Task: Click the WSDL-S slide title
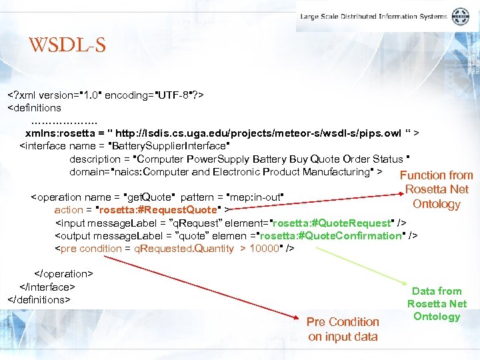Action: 67,45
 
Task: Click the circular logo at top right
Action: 461,17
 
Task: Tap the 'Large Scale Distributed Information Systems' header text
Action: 375,17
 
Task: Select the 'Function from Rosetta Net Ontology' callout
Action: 437,189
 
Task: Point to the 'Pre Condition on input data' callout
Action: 343,329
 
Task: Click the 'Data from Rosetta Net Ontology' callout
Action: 437,303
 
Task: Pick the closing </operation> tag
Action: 63,274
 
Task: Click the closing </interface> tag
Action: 47,287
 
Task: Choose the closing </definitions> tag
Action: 39,299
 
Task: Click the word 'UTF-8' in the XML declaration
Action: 173,95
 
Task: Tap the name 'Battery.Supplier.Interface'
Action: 171,146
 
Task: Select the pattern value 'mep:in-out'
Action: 255,197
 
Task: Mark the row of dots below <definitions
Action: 64,121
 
